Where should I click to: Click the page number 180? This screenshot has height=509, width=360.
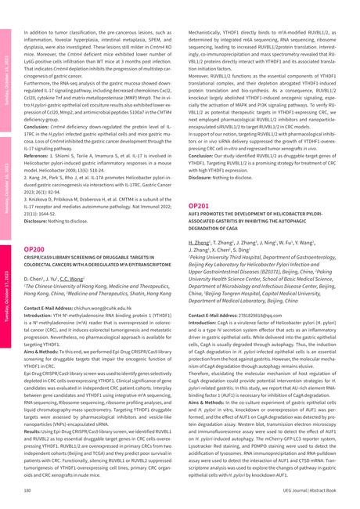(28, 489)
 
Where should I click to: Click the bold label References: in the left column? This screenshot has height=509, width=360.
(40, 153)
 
